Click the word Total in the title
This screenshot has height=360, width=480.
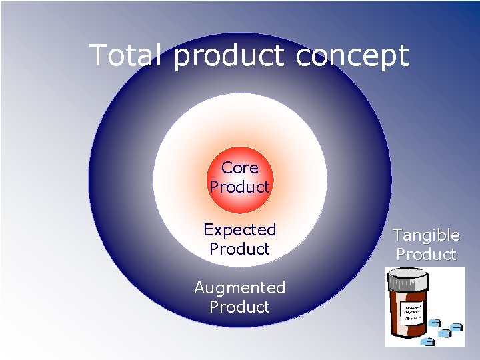(x=126, y=55)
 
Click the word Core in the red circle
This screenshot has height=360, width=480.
(x=239, y=168)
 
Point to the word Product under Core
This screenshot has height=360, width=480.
(x=239, y=187)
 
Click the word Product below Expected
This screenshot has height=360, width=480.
(x=239, y=249)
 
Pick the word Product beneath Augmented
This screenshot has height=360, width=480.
(x=239, y=307)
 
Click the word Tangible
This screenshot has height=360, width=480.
(x=426, y=235)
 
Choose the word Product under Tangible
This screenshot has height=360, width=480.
(x=426, y=255)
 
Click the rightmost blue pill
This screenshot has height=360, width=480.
(x=457, y=327)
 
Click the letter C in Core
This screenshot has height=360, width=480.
(x=227, y=168)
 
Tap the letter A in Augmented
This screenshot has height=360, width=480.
(x=200, y=288)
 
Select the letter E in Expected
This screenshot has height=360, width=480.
(x=208, y=230)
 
